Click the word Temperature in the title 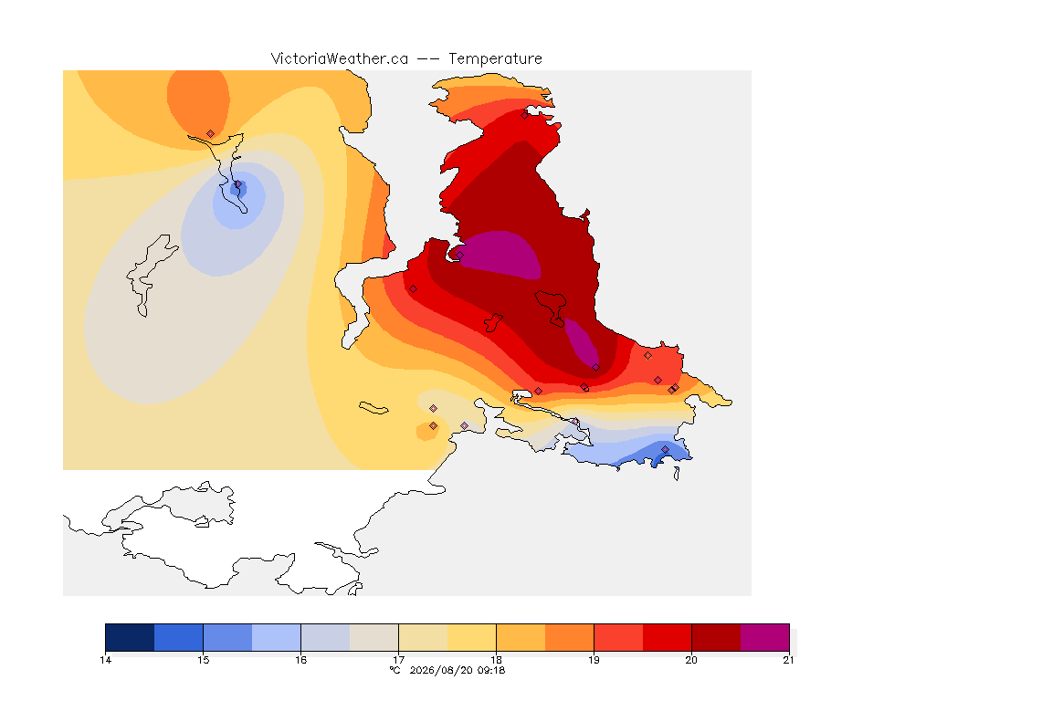coord(495,59)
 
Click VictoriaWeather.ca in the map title coord(340,59)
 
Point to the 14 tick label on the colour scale coord(105,660)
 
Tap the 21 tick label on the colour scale coord(788,660)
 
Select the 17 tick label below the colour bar coord(398,660)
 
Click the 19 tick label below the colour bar coord(594,660)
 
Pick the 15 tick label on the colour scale coord(204,660)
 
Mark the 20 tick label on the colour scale coord(691,660)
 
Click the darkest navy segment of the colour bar coord(131,637)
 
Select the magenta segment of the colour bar coord(765,637)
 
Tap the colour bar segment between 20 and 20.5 coord(716,637)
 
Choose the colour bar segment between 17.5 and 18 coord(471,637)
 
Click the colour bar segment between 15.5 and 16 coord(277,637)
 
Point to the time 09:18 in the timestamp coord(490,670)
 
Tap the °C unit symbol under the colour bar coord(394,670)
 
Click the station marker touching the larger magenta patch coord(459,255)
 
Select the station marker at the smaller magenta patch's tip coord(595,367)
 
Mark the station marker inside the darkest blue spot coord(237,184)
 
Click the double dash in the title coord(428,59)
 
